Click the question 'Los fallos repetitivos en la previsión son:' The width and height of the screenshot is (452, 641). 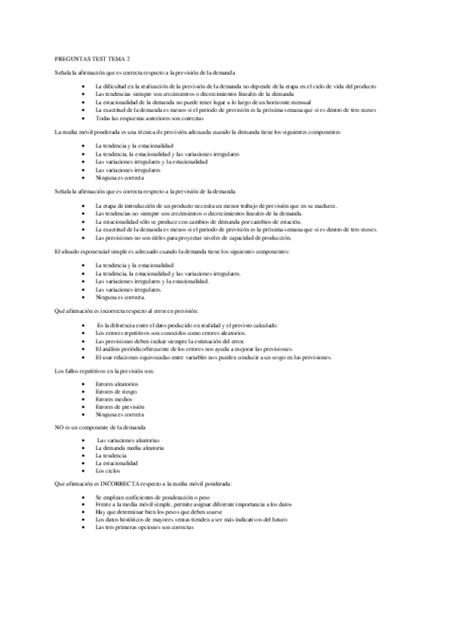point(105,370)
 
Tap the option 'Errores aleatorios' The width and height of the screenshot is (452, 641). point(117,384)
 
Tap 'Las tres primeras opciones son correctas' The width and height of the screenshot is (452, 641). point(145,527)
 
